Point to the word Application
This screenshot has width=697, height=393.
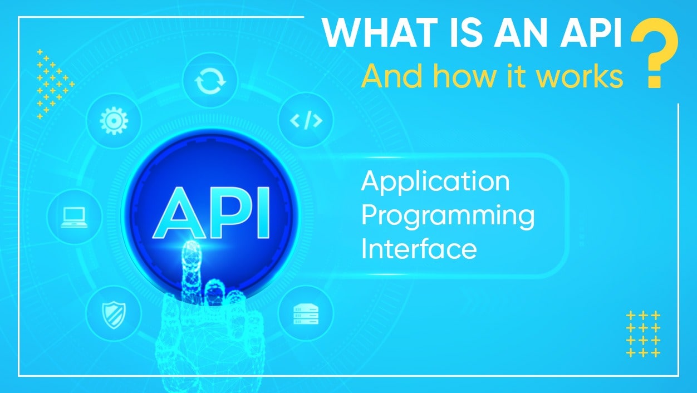coord(435,182)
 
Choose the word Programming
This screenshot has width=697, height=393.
coord(448,216)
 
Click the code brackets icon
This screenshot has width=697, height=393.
coord(306,120)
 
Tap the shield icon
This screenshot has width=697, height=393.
coord(114,313)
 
